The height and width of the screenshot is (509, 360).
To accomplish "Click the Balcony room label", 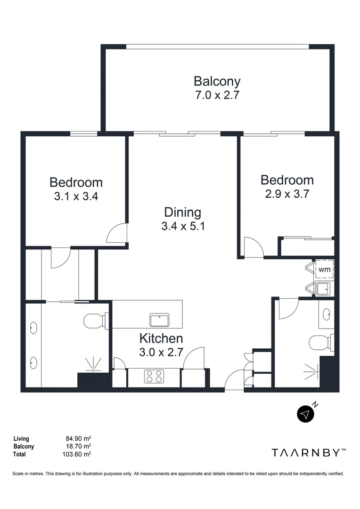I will (217, 81).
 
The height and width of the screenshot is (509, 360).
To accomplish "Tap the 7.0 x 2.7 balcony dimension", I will (217, 95).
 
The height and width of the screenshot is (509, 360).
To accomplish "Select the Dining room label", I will (182, 212).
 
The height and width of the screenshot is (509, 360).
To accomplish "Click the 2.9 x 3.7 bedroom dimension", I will (287, 194).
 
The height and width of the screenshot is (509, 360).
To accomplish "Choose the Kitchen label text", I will (161, 338).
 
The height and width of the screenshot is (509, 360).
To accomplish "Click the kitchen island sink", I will (160, 320).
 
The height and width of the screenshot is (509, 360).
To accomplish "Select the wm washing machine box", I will (324, 270).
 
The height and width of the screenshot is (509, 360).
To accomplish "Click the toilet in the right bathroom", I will (322, 341).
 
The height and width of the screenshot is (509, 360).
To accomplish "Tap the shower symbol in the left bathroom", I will (93, 365).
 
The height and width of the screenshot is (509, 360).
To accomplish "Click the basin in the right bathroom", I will (327, 313).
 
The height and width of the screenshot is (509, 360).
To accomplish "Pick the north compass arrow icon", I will (306, 414).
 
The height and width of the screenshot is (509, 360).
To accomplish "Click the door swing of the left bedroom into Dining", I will (118, 233).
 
